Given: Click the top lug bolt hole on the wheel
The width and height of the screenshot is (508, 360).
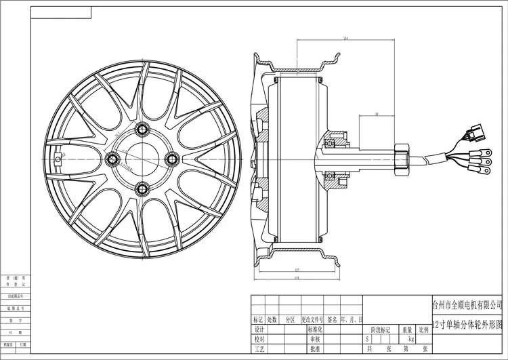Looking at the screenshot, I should coord(142,129).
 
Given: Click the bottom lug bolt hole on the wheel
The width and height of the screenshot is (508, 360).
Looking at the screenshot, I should coord(142,188).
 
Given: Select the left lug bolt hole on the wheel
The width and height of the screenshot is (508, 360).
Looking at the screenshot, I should coord(113,159).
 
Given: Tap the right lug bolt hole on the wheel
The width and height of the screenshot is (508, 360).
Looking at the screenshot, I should coord(171,159).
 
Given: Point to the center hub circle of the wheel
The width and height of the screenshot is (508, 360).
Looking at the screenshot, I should coord(142,159).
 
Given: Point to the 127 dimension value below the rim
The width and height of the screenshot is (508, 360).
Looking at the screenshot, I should coord(298,270).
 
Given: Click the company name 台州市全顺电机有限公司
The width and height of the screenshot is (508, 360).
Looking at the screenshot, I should coord(467,306).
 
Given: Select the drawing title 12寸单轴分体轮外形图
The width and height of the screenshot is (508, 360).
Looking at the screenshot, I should coord(467,324).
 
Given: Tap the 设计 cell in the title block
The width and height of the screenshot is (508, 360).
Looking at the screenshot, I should coord(258,329).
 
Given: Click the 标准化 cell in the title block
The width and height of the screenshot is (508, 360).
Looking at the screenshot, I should coord(315,329).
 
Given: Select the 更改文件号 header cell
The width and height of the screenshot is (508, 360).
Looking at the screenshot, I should coord(311,319).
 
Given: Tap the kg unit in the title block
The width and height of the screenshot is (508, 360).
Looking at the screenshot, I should coord(411,338).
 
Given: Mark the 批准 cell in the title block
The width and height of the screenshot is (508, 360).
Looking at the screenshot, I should coord(315,348).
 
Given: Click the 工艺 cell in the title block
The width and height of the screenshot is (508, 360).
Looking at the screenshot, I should coord(258,348).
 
